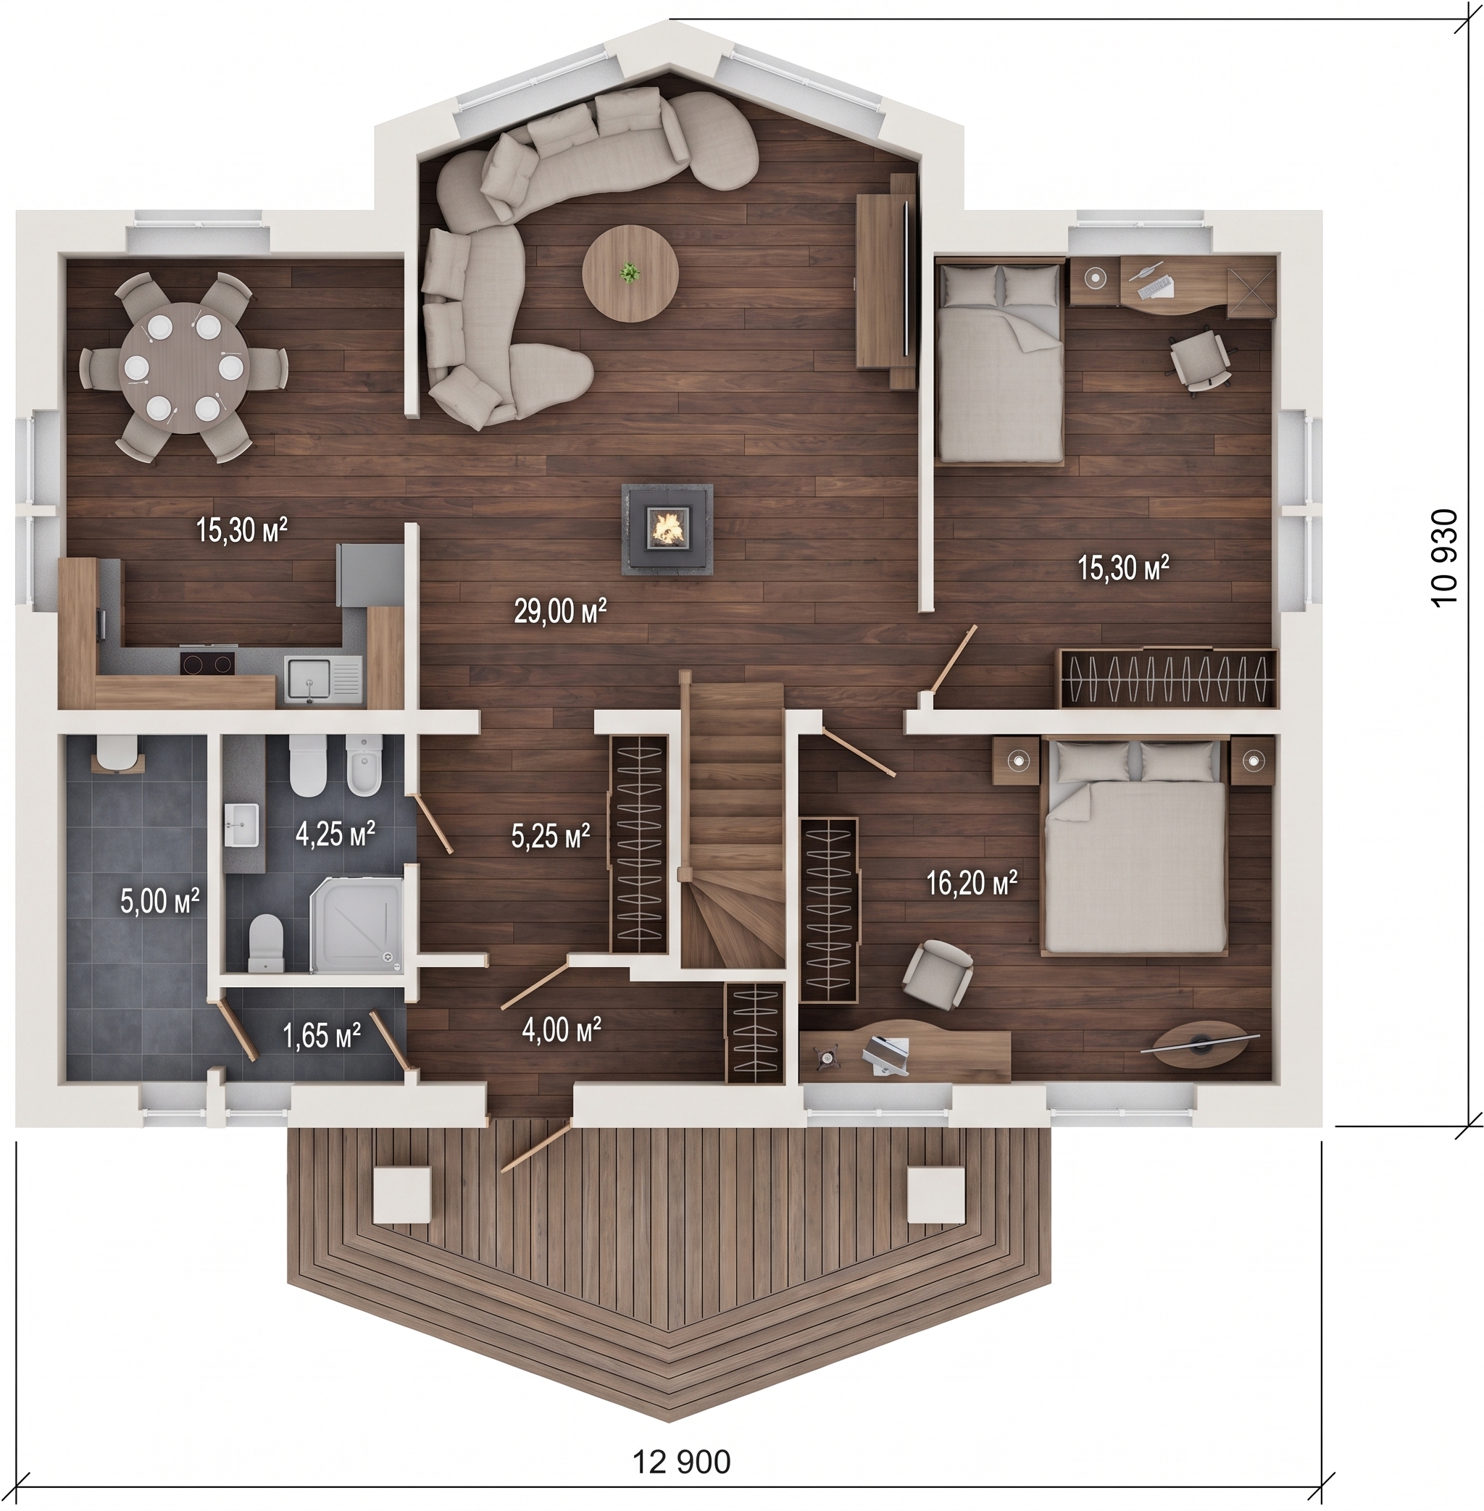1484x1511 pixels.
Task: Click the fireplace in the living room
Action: pyautogui.click(x=667, y=528)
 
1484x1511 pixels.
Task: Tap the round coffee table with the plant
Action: pyautogui.click(x=630, y=274)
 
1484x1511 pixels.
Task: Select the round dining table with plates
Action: pyautogui.click(x=184, y=367)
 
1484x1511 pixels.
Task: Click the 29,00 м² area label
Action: pyautogui.click(x=559, y=611)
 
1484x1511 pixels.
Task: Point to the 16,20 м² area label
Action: pyautogui.click(x=972, y=883)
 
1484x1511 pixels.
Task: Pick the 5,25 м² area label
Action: pyautogui.click(x=550, y=836)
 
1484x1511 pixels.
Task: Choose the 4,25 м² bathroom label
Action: pyautogui.click(x=336, y=833)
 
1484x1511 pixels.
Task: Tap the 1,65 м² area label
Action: pyautogui.click(x=322, y=1036)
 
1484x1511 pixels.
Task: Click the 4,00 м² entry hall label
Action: pyautogui.click(x=561, y=1029)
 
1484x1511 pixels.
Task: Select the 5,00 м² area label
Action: pyautogui.click(x=160, y=900)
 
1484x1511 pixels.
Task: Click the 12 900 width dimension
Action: pyautogui.click(x=682, y=1462)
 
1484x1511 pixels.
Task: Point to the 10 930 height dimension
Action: pyautogui.click(x=1443, y=557)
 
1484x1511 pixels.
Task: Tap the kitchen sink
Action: pyautogui.click(x=322, y=678)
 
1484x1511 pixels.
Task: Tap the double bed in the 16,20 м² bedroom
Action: pyautogui.click(x=1134, y=846)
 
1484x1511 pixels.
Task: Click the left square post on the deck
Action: pyautogui.click(x=401, y=1194)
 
